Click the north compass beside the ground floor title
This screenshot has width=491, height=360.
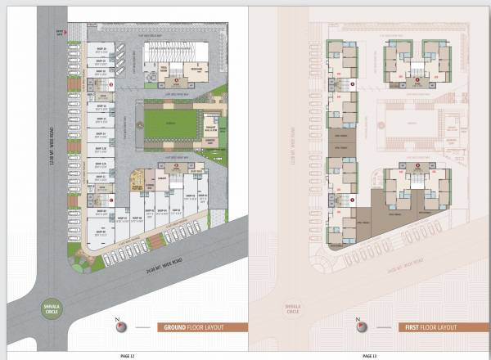122,326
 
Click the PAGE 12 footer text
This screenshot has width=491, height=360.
125,355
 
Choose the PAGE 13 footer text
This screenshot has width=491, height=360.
370,355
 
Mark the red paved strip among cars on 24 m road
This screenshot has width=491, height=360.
155,242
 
